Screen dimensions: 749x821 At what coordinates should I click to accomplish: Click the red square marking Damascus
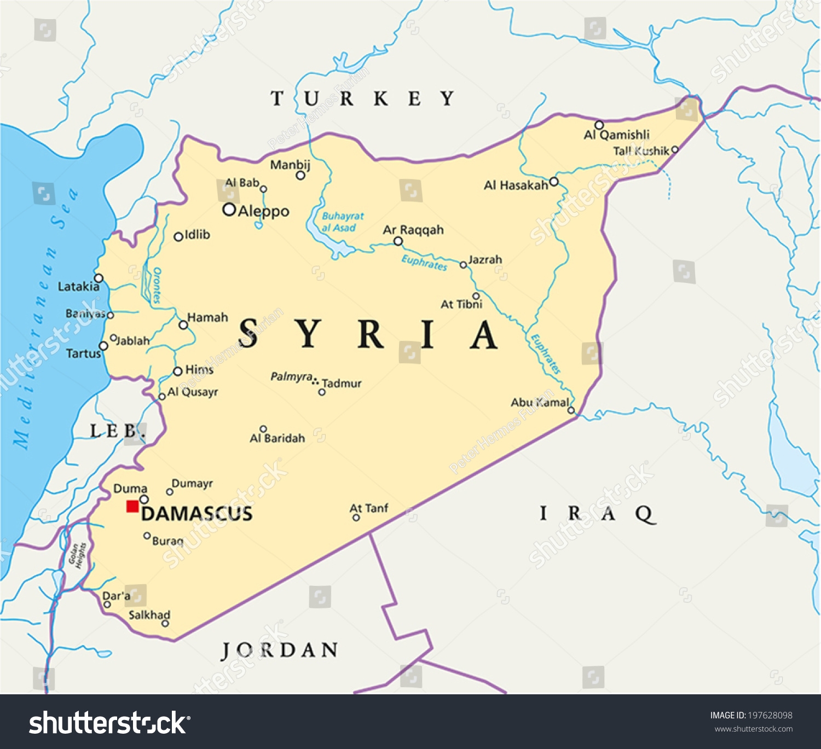tap(132, 506)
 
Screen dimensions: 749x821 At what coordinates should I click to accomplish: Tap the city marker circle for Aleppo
tap(229, 210)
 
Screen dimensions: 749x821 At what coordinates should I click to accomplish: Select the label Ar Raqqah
tap(413, 230)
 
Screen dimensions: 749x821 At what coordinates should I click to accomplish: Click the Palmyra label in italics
tap(291, 376)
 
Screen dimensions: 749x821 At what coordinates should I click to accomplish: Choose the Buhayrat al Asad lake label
tap(342, 222)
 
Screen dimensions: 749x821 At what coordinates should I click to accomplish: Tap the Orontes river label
tap(157, 285)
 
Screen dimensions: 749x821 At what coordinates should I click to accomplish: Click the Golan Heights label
tap(77, 555)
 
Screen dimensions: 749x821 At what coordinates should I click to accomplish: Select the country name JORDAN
tap(280, 651)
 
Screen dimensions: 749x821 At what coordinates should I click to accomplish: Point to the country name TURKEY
tap(363, 98)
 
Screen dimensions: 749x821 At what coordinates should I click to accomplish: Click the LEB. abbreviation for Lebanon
tap(117, 431)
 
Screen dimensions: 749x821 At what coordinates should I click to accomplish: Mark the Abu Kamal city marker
tap(571, 410)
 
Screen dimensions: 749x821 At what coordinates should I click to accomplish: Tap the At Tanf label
tap(369, 508)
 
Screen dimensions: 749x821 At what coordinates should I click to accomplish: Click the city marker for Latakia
tap(99, 278)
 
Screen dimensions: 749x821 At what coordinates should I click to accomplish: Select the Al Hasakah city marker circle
tap(554, 182)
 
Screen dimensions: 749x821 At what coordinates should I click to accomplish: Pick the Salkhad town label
tap(149, 615)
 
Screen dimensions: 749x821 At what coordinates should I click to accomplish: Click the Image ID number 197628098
tap(770, 715)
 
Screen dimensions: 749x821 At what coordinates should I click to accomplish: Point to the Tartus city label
tap(83, 353)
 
